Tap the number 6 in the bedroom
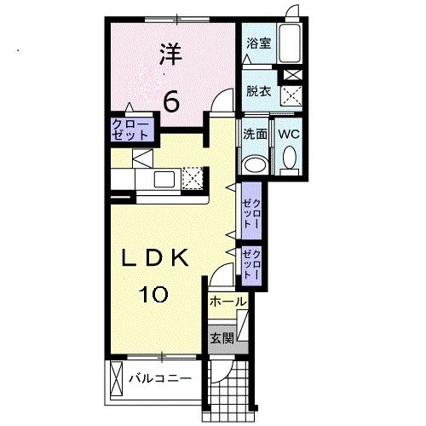coord(170,101)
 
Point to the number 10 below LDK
coord(153,296)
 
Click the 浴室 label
coord(259,43)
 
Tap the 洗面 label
coord(255,134)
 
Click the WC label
coord(288,134)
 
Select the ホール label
coord(227,302)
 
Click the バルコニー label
coord(159,377)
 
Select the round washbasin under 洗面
coord(254,164)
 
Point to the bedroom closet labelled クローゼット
coord(130,130)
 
